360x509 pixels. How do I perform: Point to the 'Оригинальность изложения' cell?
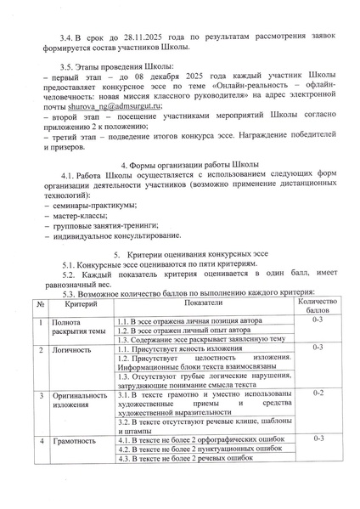(80, 401)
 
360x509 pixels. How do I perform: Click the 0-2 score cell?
(318, 395)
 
